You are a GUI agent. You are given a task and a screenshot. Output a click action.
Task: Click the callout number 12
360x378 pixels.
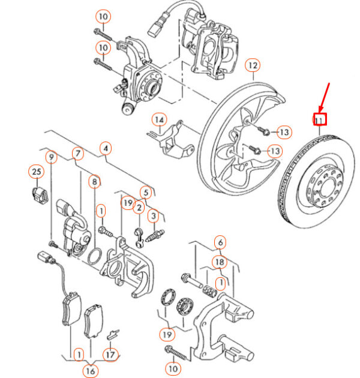253,65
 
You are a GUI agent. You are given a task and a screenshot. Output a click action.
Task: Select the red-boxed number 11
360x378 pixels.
320,119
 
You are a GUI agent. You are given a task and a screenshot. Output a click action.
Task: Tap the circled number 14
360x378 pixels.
160,120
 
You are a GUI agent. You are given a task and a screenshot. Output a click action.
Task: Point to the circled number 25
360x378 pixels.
37,172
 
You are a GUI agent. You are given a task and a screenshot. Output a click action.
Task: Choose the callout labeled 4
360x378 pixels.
106,148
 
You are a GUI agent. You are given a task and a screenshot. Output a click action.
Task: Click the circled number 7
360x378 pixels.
78,154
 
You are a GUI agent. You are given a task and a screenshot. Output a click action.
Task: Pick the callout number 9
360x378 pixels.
51,157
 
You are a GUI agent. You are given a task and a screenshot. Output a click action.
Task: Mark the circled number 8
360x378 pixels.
94,181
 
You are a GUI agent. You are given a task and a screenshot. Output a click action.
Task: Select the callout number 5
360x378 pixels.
146,193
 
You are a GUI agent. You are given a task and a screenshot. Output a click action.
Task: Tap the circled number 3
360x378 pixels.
154,215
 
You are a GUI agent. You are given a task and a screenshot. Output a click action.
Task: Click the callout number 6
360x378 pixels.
220,242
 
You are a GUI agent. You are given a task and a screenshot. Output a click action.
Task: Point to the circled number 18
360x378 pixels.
220,262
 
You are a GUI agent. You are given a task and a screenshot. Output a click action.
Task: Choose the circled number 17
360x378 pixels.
110,355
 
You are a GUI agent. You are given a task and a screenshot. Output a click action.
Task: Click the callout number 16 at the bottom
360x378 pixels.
91,371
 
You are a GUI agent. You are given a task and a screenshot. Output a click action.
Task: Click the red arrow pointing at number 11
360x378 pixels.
325,97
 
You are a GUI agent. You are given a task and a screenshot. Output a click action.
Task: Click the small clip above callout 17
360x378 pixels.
113,334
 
